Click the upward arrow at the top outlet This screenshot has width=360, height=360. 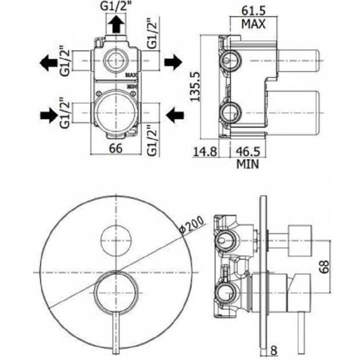116,25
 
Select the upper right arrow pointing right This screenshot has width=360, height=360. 172,63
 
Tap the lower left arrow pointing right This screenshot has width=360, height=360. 49,116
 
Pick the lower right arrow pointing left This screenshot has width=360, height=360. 174,116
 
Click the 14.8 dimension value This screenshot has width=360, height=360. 206,152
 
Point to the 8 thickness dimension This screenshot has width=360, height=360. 274,348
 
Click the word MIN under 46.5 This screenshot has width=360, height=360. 247,165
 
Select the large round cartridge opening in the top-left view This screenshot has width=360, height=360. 116,110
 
